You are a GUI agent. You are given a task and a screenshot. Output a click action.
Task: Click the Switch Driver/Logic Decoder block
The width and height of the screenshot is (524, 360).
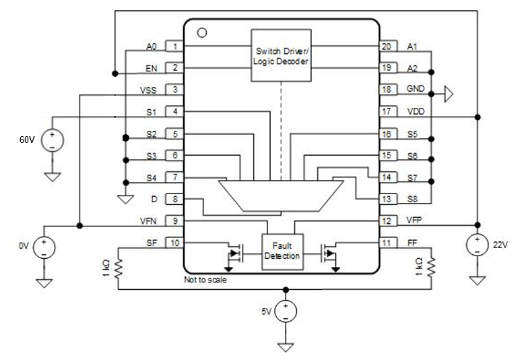click(x=281, y=55)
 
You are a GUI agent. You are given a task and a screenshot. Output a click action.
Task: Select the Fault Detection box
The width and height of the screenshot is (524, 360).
click(x=281, y=251)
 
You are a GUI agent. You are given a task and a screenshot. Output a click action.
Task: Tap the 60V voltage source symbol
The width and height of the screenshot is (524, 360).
click(x=52, y=140)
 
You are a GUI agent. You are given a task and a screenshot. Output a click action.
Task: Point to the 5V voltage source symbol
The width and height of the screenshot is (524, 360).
click(x=286, y=311)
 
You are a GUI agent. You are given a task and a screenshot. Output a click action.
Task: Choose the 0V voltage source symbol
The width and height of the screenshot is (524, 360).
click(x=44, y=247)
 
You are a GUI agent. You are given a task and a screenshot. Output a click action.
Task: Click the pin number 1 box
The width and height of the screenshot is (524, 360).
click(x=175, y=47)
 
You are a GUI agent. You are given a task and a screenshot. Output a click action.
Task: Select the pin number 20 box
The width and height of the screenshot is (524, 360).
click(x=387, y=47)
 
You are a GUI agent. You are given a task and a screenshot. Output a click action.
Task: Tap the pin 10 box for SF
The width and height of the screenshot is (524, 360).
click(x=175, y=243)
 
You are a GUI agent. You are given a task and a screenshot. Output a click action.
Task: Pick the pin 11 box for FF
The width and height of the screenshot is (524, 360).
click(x=387, y=243)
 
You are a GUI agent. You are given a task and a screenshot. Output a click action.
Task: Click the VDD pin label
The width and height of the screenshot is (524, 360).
click(x=416, y=112)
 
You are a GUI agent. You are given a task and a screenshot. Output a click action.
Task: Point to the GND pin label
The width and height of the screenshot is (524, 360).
click(x=416, y=90)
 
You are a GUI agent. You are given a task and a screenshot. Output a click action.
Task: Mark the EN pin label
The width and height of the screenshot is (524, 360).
click(x=152, y=68)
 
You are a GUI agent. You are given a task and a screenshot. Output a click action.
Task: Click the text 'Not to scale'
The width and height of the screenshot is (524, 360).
click(x=205, y=280)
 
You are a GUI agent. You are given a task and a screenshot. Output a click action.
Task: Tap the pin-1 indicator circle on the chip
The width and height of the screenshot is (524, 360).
click(x=200, y=32)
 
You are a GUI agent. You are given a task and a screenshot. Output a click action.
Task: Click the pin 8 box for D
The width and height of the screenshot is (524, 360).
click(x=175, y=199)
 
